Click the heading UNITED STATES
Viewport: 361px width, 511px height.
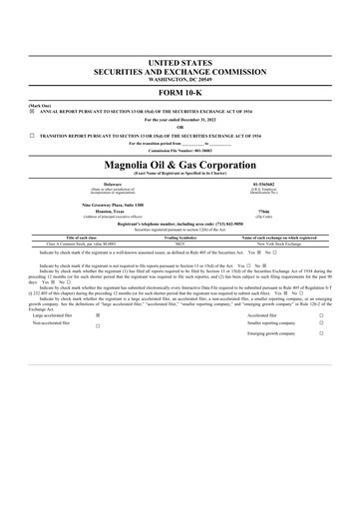click(180, 63)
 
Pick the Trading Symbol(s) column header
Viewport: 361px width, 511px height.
click(180, 238)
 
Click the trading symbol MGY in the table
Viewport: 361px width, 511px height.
click(180, 244)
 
